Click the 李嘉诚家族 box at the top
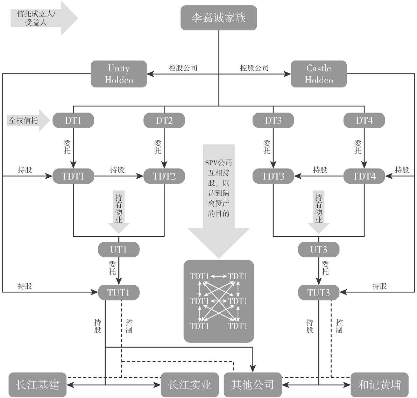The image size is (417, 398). click(219, 18)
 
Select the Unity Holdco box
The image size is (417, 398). click(119, 74)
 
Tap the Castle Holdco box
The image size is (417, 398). click(319, 74)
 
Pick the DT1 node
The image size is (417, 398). click(73, 121)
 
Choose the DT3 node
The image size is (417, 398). click(273, 121)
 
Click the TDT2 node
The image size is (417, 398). click(164, 176)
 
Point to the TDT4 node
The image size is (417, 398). click(364, 176)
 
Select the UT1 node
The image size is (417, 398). click(119, 250)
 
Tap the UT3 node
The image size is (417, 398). click(319, 250)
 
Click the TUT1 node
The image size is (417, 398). click(119, 292)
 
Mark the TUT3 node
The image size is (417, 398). click(319, 292)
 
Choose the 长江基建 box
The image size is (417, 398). click(37, 385)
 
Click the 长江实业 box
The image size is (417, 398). click(189, 385)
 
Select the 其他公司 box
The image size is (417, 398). click(252, 385)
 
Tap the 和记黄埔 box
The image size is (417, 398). click(379, 385)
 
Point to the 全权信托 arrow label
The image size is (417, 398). click(23, 121)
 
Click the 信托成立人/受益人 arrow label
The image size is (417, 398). click(36, 18)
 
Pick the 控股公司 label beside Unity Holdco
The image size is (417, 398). click(183, 68)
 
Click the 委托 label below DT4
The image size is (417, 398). click(358, 147)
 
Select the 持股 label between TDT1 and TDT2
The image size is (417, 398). click(118, 170)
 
